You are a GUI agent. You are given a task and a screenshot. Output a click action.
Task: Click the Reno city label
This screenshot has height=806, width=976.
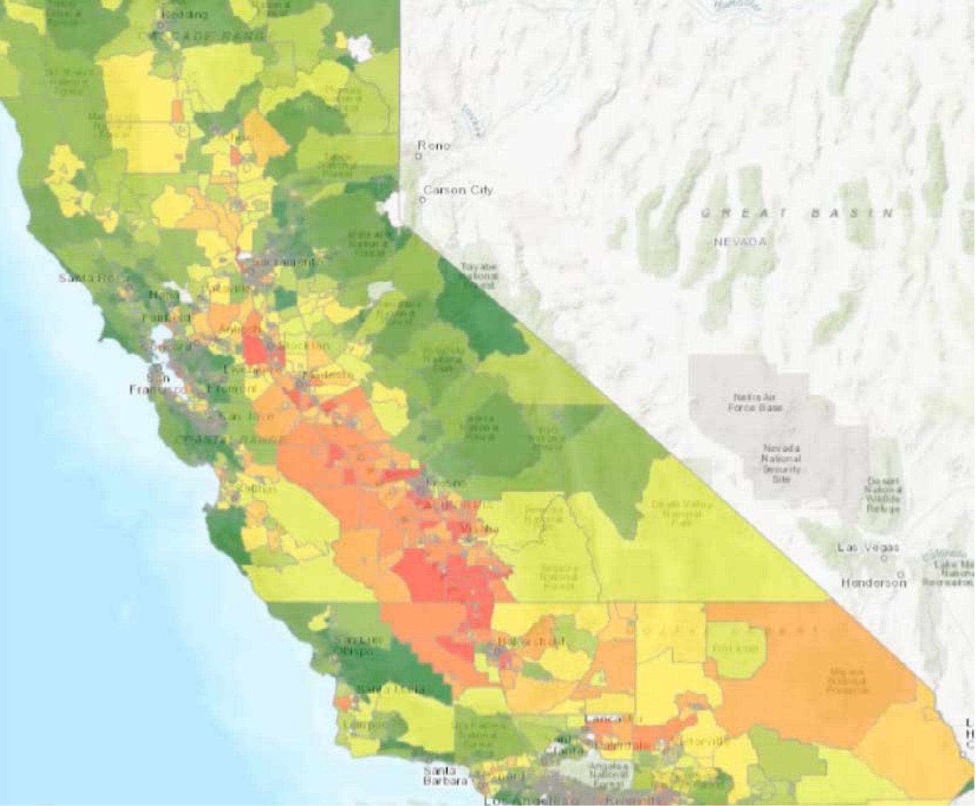(x=434, y=146)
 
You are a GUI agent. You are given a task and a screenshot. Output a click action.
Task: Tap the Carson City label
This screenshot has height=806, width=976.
(x=458, y=190)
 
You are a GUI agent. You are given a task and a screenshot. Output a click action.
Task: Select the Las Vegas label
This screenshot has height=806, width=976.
(x=868, y=547)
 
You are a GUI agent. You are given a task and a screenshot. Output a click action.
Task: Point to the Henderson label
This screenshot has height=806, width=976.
(x=873, y=583)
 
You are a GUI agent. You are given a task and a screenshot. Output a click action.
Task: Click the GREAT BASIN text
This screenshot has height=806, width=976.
(x=797, y=213)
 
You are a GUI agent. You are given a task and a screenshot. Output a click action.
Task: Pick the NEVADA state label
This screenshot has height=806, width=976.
(x=740, y=242)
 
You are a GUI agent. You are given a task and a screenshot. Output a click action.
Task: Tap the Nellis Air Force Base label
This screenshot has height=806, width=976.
(x=755, y=402)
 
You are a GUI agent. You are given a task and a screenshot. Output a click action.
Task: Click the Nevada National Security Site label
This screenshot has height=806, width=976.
(x=781, y=463)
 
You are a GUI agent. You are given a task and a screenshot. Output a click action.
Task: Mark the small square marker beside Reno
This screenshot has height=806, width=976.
(x=419, y=156)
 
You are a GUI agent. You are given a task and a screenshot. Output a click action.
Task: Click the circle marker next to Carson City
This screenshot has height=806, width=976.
(x=422, y=200)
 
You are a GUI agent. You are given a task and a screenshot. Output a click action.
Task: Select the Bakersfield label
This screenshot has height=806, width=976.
(x=531, y=642)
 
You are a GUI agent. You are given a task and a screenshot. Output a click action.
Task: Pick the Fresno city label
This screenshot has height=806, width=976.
(x=448, y=483)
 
